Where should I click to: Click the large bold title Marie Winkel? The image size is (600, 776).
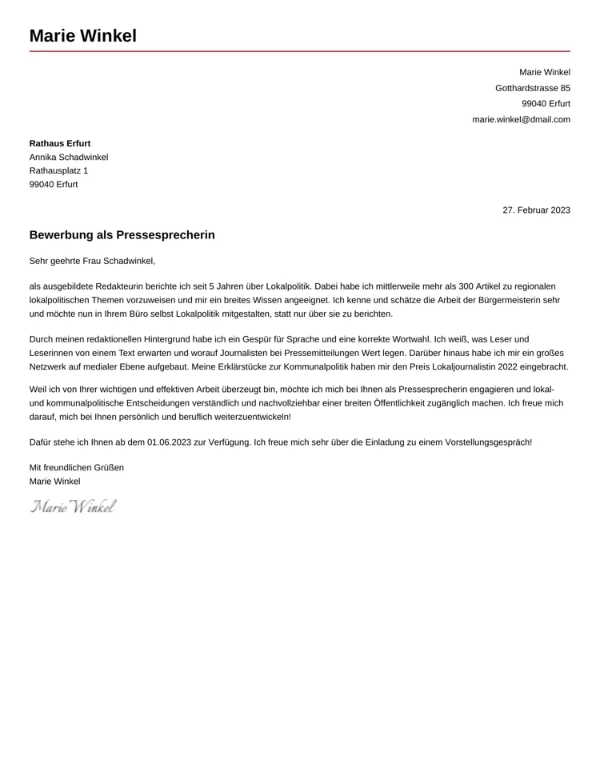pyautogui.click(x=82, y=36)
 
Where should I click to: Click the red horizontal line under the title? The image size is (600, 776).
pyautogui.click(x=300, y=51)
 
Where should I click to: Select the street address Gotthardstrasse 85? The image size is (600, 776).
pyautogui.click(x=532, y=88)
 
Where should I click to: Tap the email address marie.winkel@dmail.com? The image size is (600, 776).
pyautogui.click(x=521, y=119)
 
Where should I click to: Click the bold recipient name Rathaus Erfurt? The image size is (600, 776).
pyautogui.click(x=60, y=143)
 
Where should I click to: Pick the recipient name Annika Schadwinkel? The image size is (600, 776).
pyautogui.click(x=69, y=157)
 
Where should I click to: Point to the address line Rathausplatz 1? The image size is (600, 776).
pyautogui.click(x=58, y=170)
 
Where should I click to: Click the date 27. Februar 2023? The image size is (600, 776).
pyautogui.click(x=536, y=210)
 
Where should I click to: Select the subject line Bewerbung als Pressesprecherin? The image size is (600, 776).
pyautogui.click(x=122, y=235)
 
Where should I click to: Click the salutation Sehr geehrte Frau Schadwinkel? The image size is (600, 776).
pyautogui.click(x=92, y=261)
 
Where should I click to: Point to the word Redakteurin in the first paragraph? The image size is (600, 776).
pyautogui.click(x=119, y=286)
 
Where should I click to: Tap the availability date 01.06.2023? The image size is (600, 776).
pyautogui.click(x=169, y=442)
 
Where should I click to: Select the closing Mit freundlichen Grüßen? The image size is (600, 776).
pyautogui.click(x=77, y=467)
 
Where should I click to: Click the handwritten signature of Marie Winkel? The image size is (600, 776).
pyautogui.click(x=74, y=506)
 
